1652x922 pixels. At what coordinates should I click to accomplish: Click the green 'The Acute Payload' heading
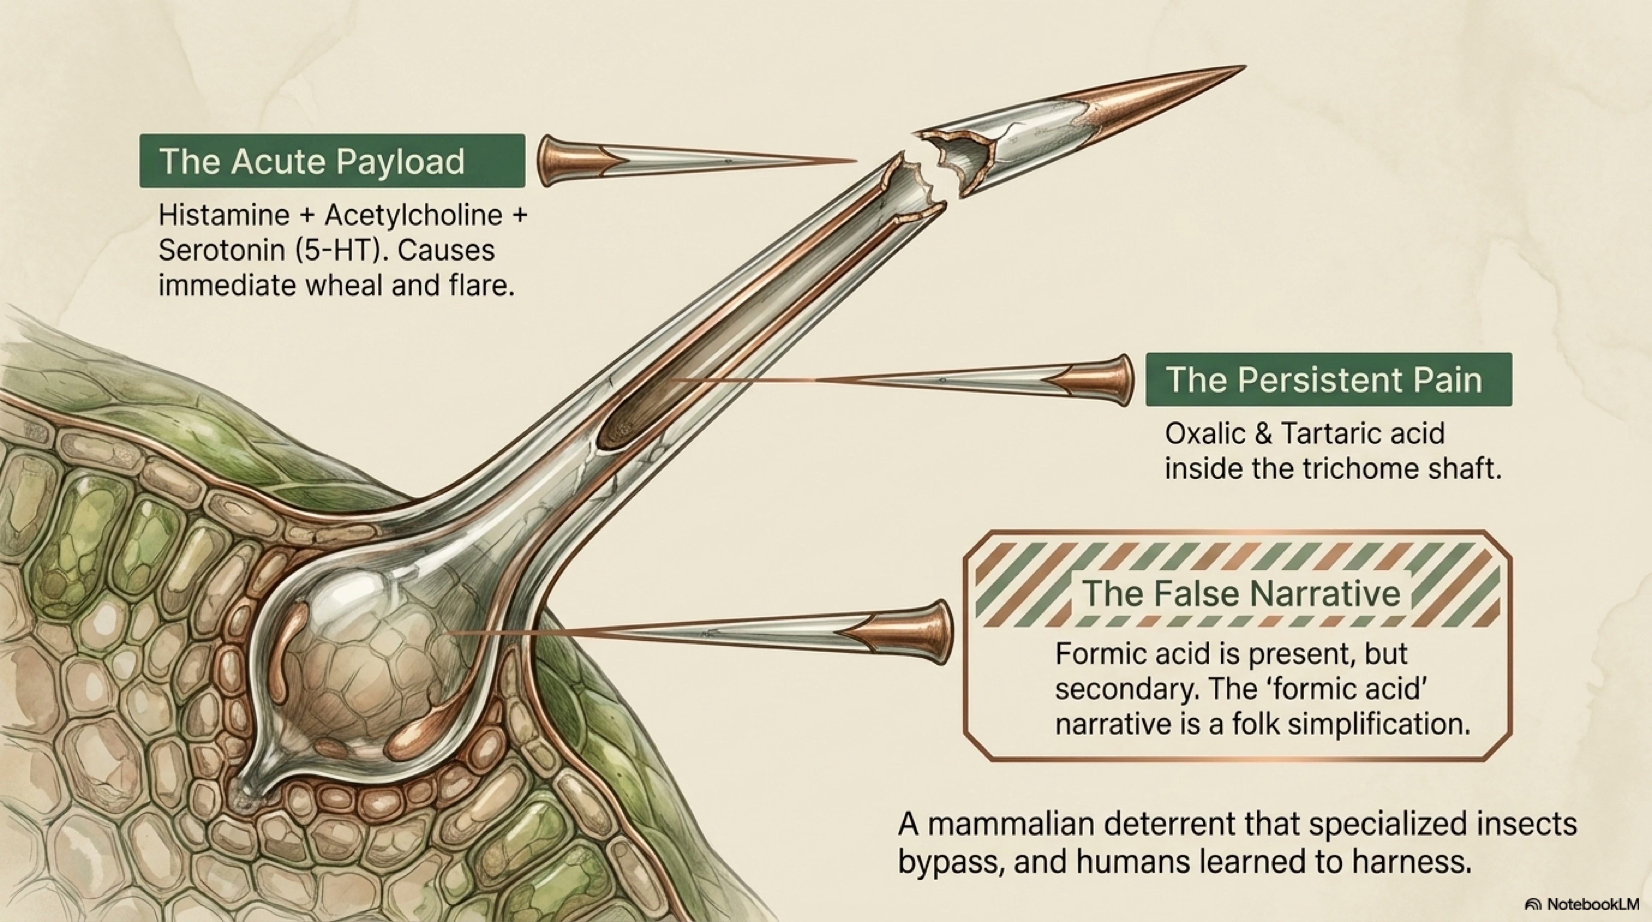point(332,161)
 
